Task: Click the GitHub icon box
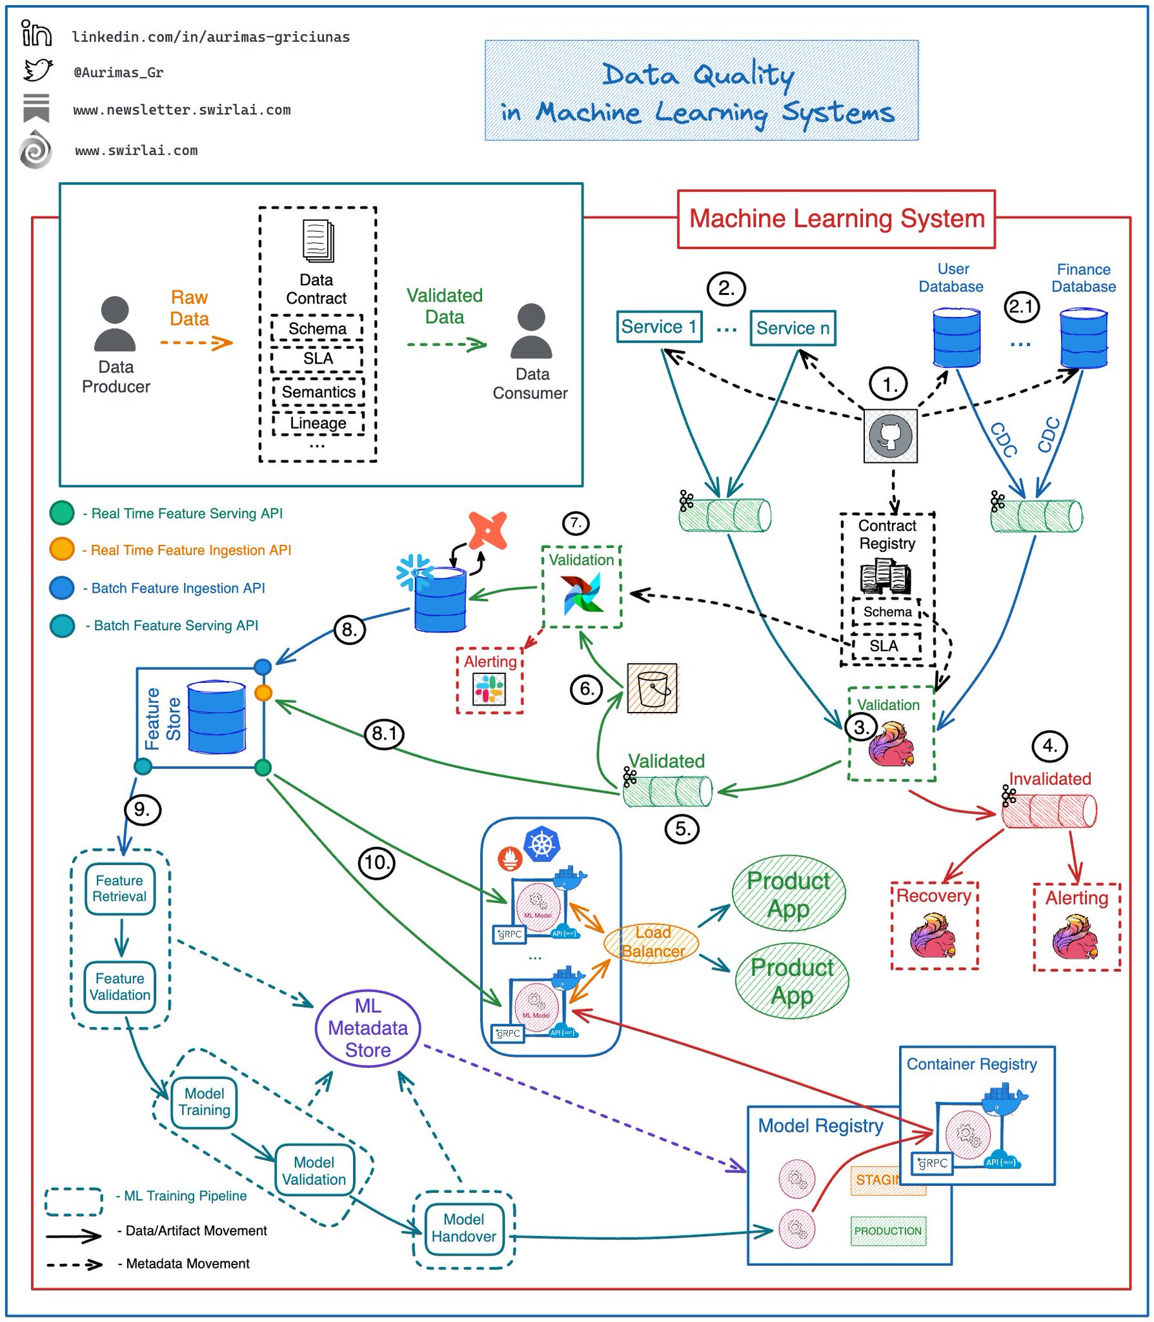pos(890,436)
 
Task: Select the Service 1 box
pos(658,327)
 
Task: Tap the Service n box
pos(792,328)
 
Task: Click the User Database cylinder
pos(956,338)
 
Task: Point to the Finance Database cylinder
pos(1083,338)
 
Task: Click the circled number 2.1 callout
pos(1021,307)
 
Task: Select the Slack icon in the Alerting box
pos(489,689)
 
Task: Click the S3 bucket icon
pos(652,688)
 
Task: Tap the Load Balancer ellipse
pos(651,942)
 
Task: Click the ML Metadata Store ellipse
pos(367,1028)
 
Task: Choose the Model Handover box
pos(463,1228)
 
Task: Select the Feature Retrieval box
pos(119,889)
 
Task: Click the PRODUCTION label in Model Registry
pos(887,1231)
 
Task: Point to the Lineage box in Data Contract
pos(318,423)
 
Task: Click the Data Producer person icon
pos(115,324)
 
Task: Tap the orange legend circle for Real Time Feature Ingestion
pos(62,549)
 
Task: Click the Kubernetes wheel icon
pos(542,843)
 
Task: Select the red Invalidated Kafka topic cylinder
pos(1048,811)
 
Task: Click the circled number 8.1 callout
pos(384,733)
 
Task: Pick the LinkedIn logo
pos(36,33)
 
